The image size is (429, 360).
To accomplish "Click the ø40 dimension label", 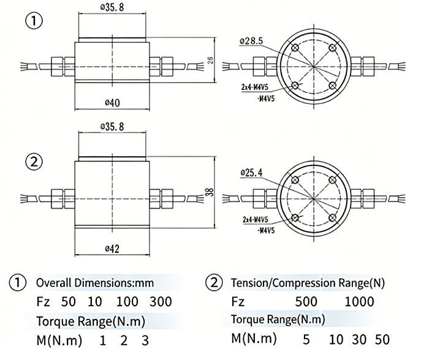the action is (112, 103).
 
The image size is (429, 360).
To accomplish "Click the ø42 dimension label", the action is (112, 249).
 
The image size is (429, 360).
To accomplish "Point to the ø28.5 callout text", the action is (251, 41).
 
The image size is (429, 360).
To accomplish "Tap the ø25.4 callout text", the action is (251, 173).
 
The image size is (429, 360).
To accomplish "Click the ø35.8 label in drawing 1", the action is (112, 7).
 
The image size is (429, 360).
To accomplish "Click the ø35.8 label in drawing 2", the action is (112, 127).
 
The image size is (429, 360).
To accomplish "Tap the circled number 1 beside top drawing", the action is (34, 21).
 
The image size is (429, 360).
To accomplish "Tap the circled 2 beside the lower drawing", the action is (34, 162).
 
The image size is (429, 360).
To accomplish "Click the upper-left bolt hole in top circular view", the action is (295, 48).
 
